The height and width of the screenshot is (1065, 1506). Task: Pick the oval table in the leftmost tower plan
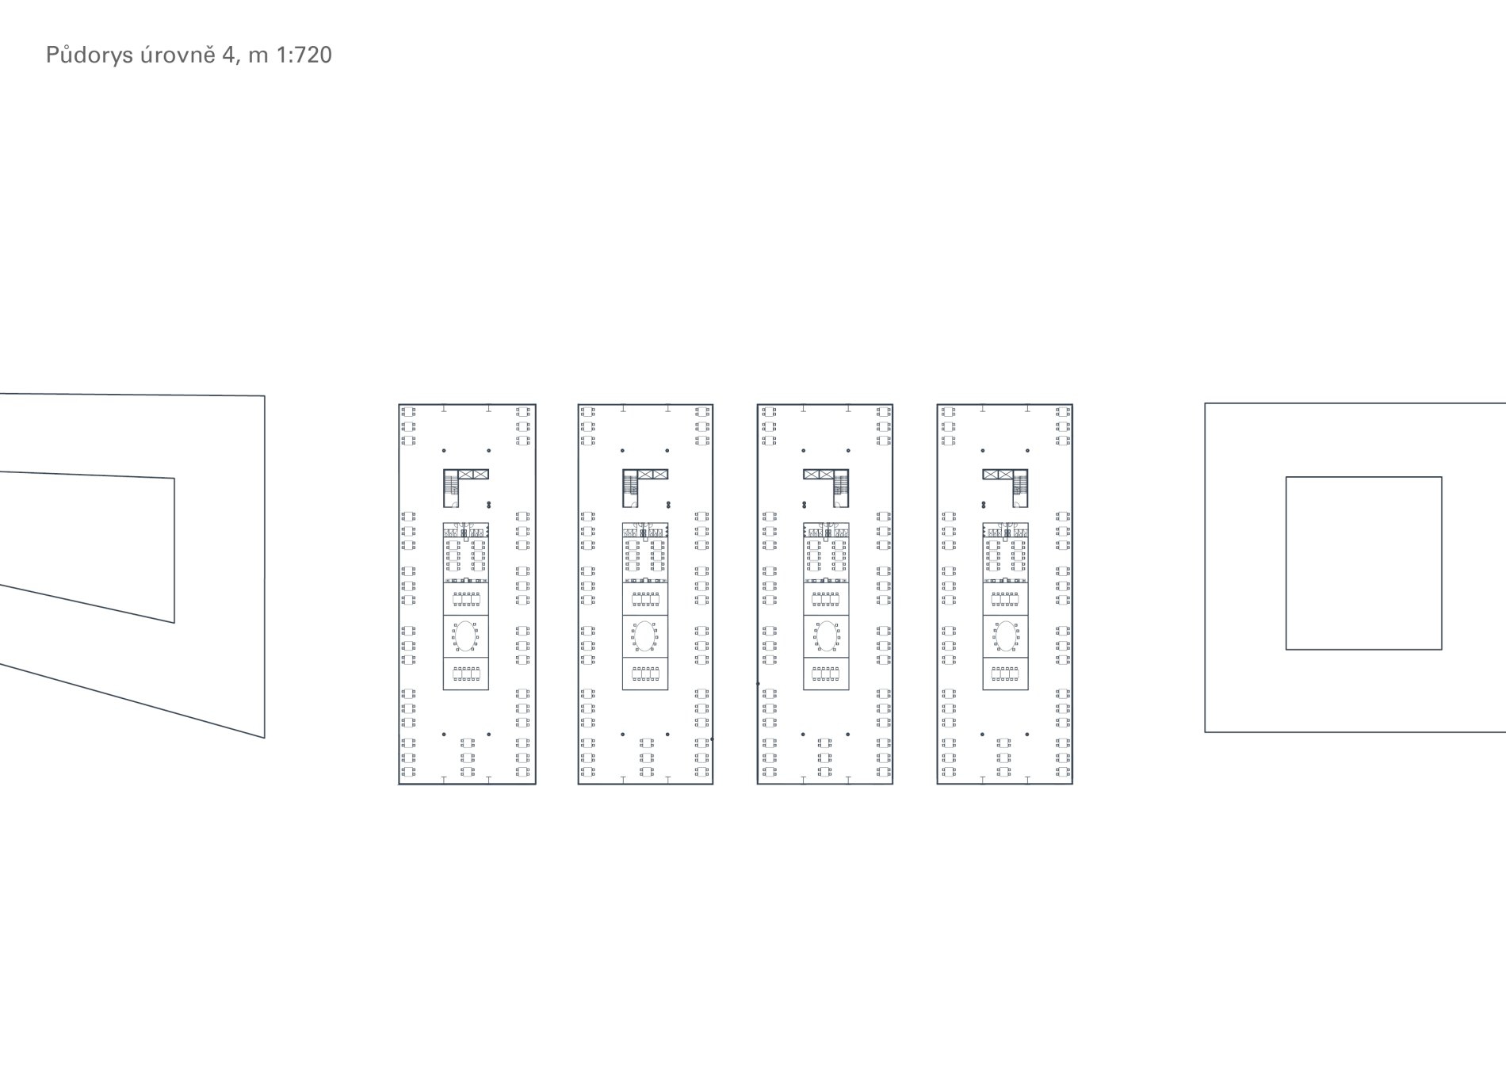[465, 636]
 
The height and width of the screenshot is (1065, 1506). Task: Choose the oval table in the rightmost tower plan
[1006, 636]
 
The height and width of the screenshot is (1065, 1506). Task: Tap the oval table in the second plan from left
[644, 636]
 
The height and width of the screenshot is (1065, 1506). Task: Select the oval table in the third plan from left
[826, 636]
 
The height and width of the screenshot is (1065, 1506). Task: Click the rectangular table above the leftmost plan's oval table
[465, 598]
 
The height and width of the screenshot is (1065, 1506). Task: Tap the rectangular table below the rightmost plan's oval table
[1006, 674]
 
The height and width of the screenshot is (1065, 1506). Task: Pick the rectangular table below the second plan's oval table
[644, 674]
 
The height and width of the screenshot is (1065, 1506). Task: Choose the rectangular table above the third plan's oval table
[826, 598]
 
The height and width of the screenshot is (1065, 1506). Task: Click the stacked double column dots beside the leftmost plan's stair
[488, 504]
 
